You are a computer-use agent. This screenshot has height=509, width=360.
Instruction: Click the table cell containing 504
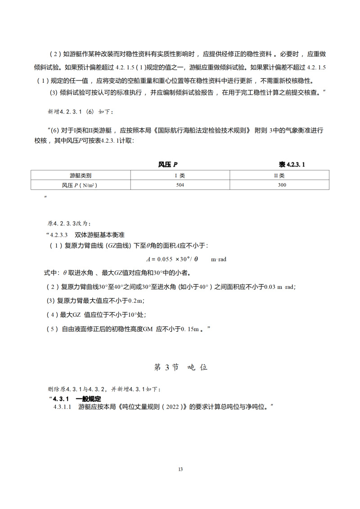pyautogui.click(x=180, y=185)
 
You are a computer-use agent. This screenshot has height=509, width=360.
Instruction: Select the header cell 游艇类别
pyautogui.click(x=81, y=175)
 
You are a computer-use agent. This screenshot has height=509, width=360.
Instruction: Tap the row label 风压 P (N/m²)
pyautogui.click(x=81, y=185)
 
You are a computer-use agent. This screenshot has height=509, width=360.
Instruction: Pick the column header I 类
pyautogui.click(x=180, y=175)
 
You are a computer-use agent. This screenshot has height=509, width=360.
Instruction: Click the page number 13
pyautogui.click(x=180, y=469)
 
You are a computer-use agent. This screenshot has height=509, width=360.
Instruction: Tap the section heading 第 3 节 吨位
pyautogui.click(x=180, y=367)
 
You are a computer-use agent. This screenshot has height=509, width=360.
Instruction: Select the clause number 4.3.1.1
pyautogui.click(x=63, y=407)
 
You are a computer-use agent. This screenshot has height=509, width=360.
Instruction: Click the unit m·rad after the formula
pyautogui.click(x=219, y=259)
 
